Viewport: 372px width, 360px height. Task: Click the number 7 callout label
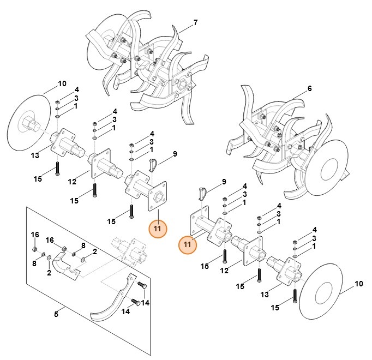tap(195, 22)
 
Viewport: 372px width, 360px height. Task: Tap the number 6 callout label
tap(309, 88)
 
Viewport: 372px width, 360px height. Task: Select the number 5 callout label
tap(56, 314)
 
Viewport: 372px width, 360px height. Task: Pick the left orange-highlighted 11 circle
tap(157, 229)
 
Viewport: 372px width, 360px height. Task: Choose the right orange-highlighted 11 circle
tap(188, 245)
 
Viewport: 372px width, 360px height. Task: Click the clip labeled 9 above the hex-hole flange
tap(153, 164)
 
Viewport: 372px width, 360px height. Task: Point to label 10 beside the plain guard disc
tap(358, 284)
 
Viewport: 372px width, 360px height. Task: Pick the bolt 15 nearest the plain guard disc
tap(294, 295)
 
